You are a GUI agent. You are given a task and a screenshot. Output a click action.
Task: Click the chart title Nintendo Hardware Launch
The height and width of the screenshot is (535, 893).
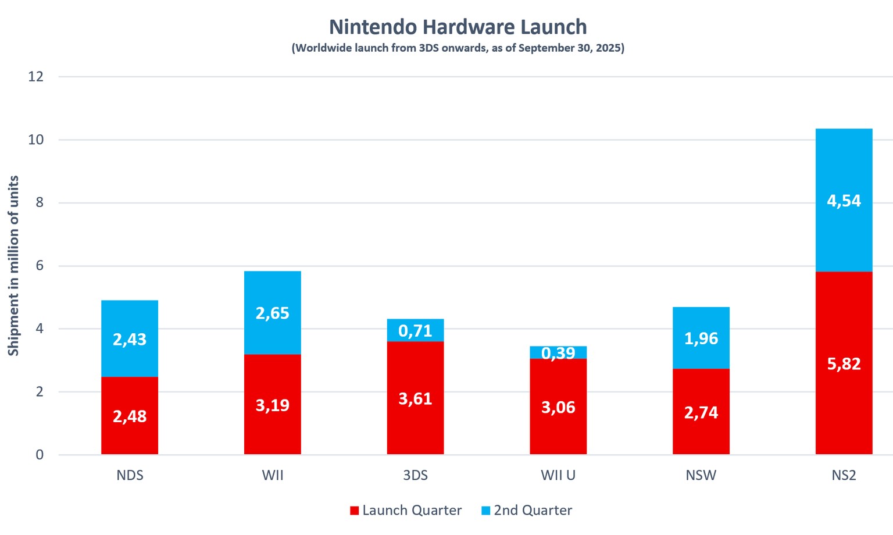click(x=458, y=27)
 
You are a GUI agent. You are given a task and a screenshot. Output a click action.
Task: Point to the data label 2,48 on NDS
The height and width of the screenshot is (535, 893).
click(x=130, y=416)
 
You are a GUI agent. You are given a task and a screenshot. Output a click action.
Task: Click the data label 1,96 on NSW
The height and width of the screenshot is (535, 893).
click(x=701, y=338)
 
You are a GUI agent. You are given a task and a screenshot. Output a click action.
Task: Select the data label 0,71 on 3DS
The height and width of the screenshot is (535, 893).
click(x=415, y=331)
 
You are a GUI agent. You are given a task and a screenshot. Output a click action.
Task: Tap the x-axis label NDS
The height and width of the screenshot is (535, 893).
click(x=130, y=475)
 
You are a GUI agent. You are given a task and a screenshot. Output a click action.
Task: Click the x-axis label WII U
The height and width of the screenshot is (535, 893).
click(x=558, y=475)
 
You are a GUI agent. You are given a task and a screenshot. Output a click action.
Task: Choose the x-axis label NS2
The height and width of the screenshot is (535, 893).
click(x=844, y=475)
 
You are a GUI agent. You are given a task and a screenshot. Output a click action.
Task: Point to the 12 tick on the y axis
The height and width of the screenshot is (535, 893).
click(x=36, y=77)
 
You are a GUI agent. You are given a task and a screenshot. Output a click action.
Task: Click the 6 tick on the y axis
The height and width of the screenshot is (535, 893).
click(x=39, y=266)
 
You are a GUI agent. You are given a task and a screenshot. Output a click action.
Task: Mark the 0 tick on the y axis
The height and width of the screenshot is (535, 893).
click(x=39, y=455)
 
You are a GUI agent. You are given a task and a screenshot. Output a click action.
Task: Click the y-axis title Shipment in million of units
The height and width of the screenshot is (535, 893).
click(x=13, y=266)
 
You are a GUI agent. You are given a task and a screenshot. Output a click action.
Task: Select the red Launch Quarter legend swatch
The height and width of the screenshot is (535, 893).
click(x=354, y=511)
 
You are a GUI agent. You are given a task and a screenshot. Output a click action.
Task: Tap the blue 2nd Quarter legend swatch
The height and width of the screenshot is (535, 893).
click(x=486, y=511)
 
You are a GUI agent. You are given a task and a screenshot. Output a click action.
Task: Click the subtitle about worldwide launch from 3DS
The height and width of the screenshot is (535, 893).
click(x=458, y=48)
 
